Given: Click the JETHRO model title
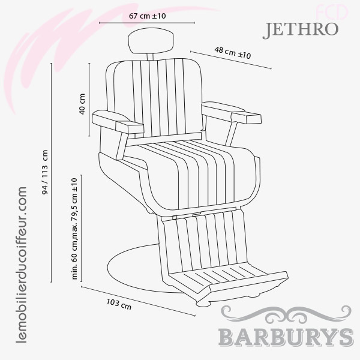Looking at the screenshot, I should tap(300, 29).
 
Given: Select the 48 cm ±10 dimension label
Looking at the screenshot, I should tap(233, 53).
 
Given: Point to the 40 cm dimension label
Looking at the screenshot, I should tap(83, 104).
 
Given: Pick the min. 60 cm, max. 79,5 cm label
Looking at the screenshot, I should tap(75, 229).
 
